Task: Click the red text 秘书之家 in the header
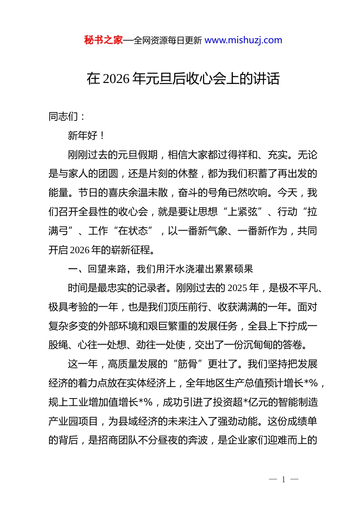pos(104,40)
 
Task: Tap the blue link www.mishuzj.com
pos(243,40)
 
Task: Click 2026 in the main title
pos(117,79)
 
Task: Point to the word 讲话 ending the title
pos(267,79)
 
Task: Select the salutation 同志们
pos(63,116)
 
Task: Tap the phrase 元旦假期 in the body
pos(138,155)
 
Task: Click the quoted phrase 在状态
pos(133,231)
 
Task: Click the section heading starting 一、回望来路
pos(160,269)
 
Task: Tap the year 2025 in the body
pos(237,288)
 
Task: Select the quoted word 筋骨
pos(188,364)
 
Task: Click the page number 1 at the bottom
pos(284,480)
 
